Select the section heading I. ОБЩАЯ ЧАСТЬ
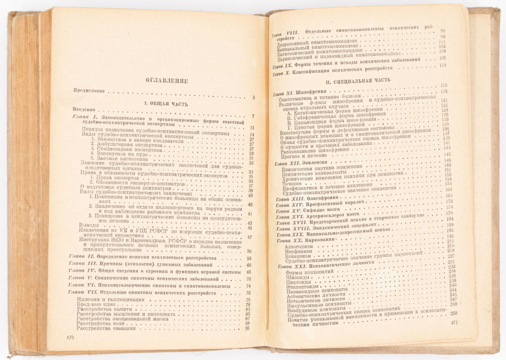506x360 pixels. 164,103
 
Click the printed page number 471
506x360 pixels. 454,323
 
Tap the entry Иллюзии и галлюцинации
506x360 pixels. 108,299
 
